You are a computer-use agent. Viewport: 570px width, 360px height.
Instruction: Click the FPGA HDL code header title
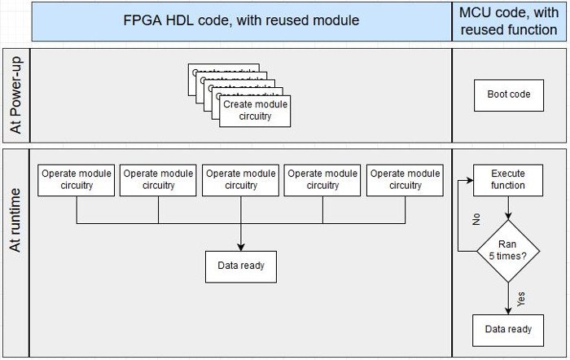pos(242,21)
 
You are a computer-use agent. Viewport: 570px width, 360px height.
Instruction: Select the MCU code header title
pos(508,21)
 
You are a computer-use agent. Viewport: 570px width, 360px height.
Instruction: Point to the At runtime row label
pos(15,219)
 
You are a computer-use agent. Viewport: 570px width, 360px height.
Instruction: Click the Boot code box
pos(508,94)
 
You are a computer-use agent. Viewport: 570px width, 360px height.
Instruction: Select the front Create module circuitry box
pos(255,111)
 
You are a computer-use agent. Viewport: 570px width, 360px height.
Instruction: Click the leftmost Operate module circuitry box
pos(77,180)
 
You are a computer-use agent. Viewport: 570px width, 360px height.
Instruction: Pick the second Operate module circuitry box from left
pos(158,180)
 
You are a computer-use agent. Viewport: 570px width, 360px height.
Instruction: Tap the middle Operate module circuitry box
pos(240,180)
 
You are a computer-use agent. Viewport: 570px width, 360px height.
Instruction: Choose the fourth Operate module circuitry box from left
pos(322,180)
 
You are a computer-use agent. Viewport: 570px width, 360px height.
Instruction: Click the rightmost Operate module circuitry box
pos(405,180)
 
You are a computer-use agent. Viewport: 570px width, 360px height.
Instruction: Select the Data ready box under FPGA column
pos(240,266)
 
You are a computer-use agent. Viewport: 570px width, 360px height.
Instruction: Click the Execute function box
pos(508,180)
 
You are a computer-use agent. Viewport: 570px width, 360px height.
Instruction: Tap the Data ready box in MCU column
pos(508,329)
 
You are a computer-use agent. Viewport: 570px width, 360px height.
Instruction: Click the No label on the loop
pos(477,219)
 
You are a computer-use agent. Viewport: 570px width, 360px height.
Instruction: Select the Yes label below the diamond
pos(521,298)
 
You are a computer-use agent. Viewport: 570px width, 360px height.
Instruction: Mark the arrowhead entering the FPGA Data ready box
pos(240,246)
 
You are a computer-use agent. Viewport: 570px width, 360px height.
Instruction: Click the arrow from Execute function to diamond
pos(508,208)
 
